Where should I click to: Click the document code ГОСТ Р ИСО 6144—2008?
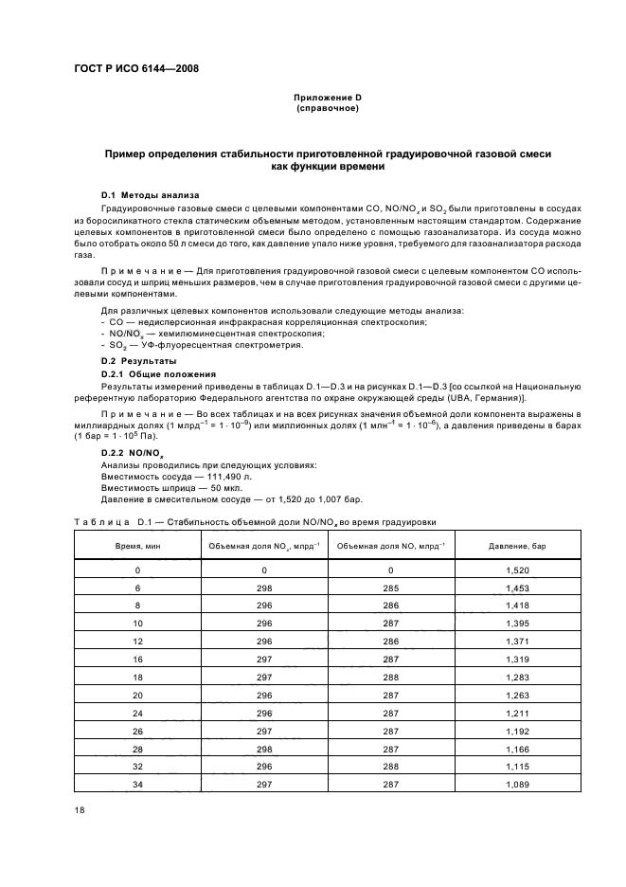pos(135,68)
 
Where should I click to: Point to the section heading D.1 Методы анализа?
pos(144,194)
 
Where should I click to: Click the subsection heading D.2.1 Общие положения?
pos(152,374)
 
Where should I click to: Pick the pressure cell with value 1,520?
pos(518,570)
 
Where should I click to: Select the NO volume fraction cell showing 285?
pos(391,588)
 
